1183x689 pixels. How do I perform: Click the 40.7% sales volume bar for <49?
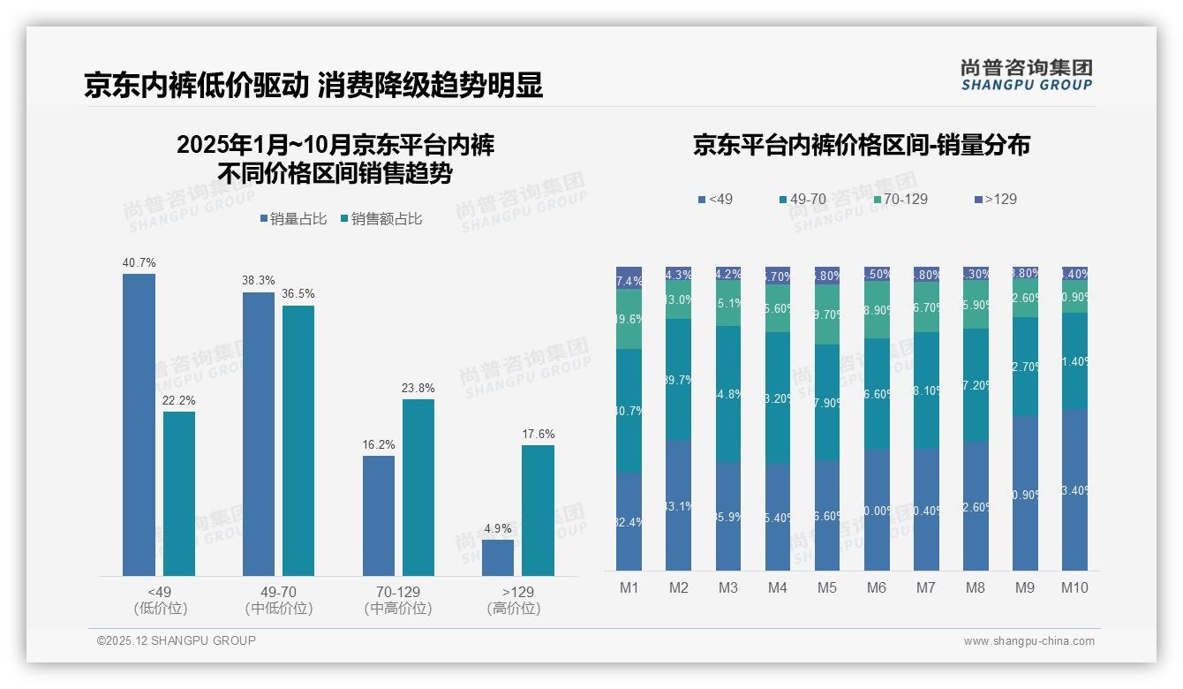[x=139, y=424]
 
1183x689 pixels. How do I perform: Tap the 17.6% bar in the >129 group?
[x=538, y=510]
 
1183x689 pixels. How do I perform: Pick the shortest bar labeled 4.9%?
[x=498, y=557]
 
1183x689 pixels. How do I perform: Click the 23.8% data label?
[x=418, y=388]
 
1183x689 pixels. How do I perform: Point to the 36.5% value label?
[x=298, y=293]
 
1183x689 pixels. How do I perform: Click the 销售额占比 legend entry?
[x=381, y=219]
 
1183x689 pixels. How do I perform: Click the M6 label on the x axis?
[x=876, y=587]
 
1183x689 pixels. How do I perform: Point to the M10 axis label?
[x=1074, y=587]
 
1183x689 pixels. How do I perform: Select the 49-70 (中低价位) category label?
[x=279, y=600]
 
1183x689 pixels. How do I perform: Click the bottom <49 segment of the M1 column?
[x=629, y=521]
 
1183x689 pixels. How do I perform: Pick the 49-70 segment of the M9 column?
[x=1025, y=366]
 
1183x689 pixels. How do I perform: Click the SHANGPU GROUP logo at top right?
[x=1026, y=75]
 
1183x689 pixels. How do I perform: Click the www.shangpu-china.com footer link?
[x=1029, y=641]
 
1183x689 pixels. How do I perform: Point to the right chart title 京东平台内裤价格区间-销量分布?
[x=861, y=145]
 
